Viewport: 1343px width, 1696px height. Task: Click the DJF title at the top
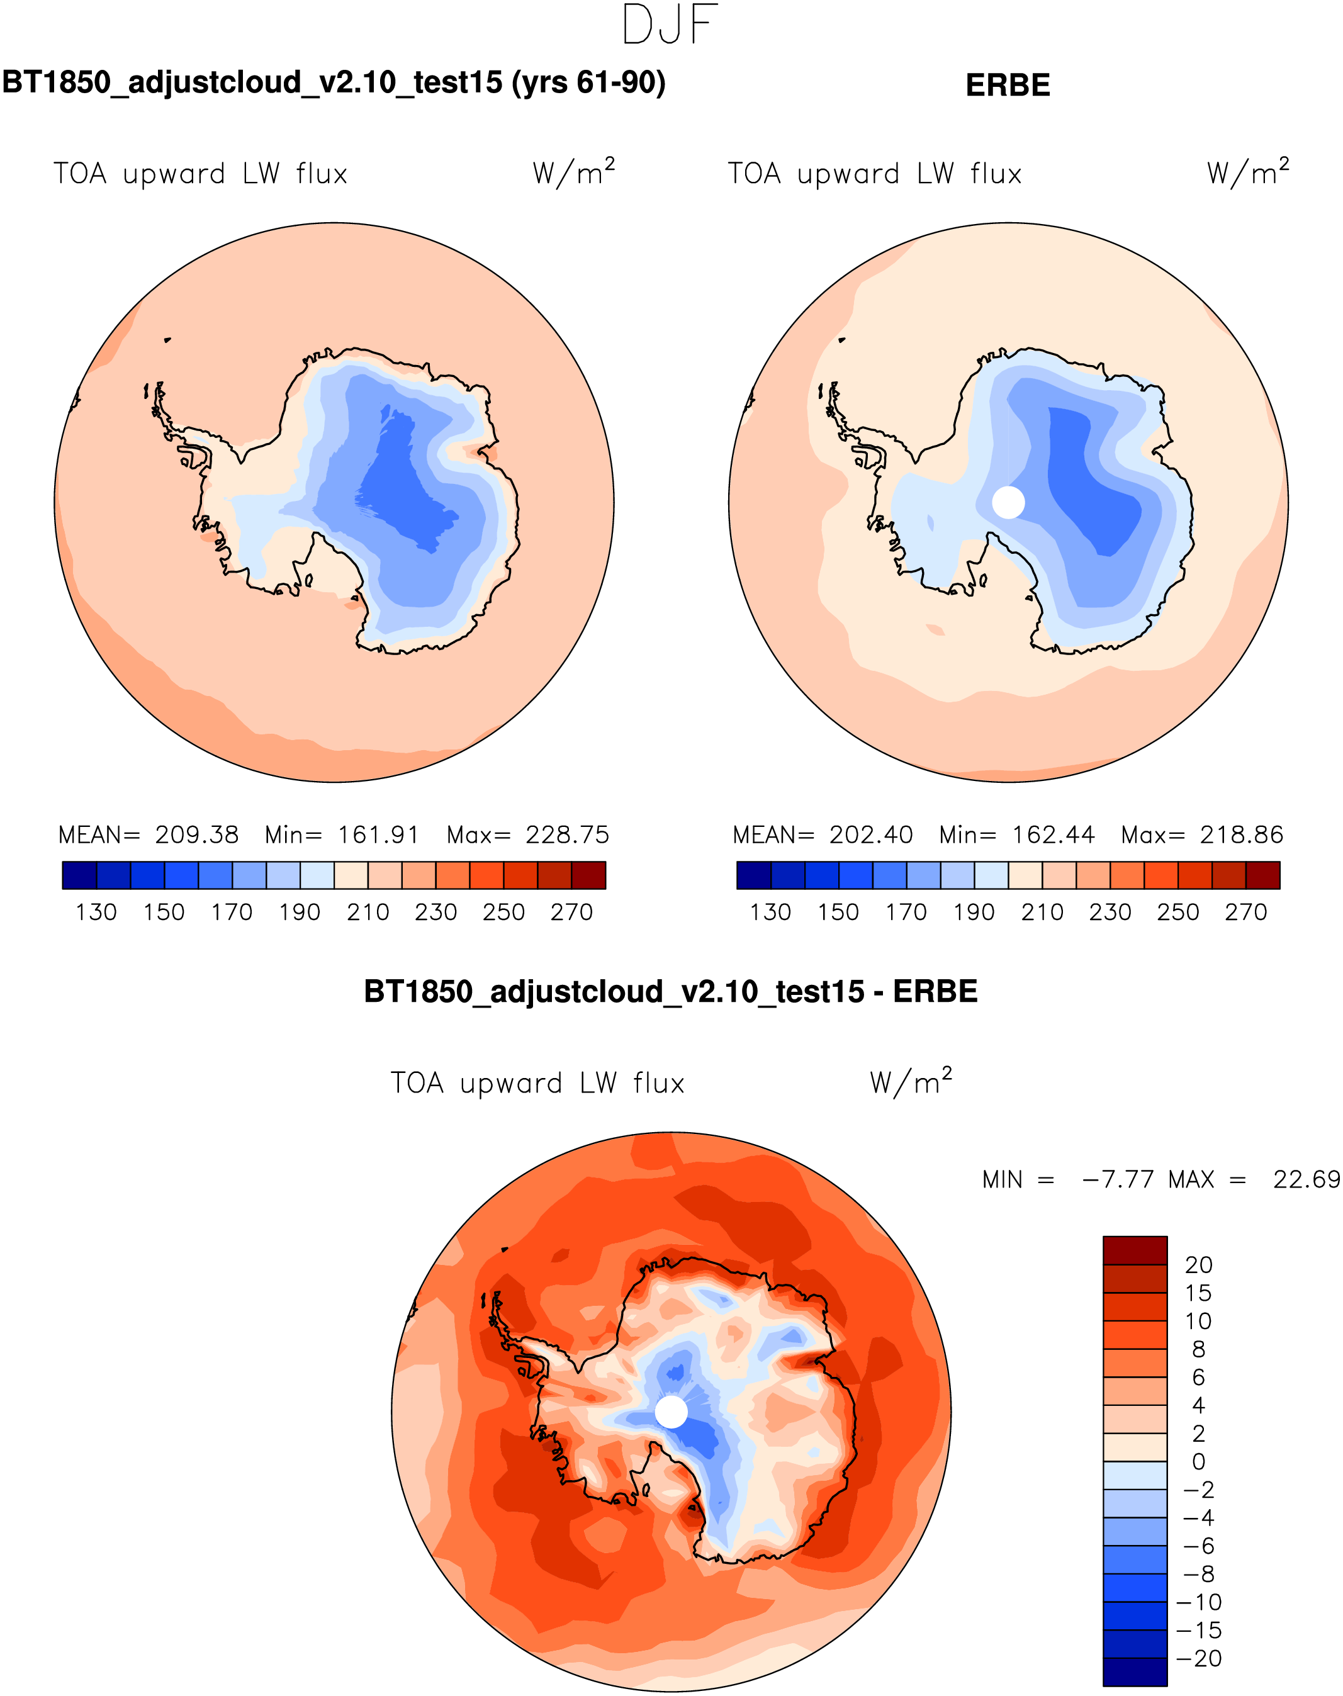pos(670,25)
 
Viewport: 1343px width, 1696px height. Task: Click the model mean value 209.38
pos(196,835)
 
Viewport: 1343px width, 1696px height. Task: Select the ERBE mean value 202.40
pos(870,835)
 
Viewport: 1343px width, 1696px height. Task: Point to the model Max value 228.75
pos(567,835)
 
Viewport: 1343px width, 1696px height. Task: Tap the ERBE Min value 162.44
pos(1053,835)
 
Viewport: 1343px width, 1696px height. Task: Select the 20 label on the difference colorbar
pos(1198,1265)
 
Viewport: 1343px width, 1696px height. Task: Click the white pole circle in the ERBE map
pos(1008,502)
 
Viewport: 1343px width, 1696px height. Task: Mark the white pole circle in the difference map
pos(671,1412)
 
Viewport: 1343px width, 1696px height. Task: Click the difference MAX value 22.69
pos(1306,1179)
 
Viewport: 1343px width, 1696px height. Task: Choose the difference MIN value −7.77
pos(1117,1179)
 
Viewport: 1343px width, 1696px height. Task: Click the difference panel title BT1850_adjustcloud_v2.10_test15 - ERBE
pos(671,992)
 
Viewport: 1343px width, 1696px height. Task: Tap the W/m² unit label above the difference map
pos(911,1082)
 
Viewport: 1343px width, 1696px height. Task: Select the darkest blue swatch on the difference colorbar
pos(1135,1671)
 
